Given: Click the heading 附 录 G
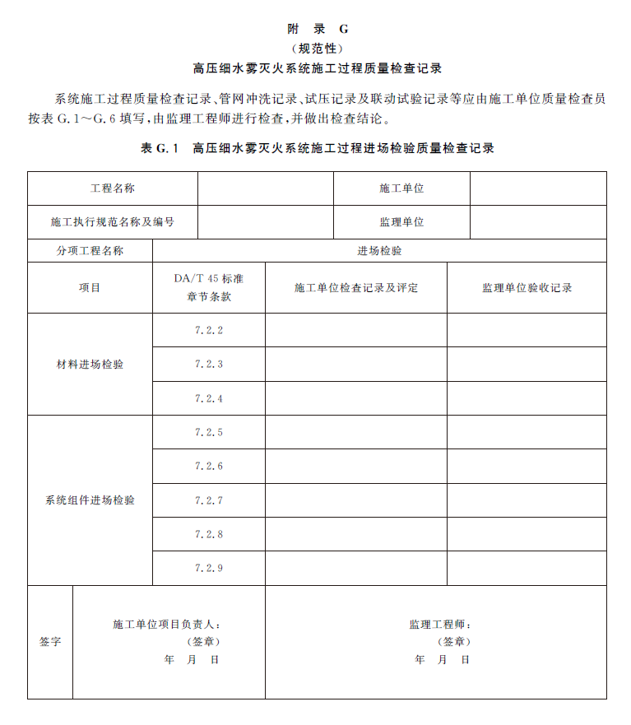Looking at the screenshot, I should [x=318, y=29].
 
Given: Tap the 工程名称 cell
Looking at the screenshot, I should [x=113, y=188].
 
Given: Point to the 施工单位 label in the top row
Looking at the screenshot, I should [x=401, y=188].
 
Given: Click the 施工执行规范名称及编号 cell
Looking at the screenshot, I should [x=113, y=222].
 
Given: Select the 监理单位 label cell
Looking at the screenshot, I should [x=401, y=222].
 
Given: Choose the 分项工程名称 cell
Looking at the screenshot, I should [x=90, y=251].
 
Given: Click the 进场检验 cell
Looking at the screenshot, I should [x=379, y=251].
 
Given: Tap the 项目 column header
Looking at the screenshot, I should [x=90, y=288].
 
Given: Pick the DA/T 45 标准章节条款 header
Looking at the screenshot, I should [x=209, y=288].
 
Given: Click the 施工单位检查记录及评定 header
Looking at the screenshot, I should [x=356, y=288].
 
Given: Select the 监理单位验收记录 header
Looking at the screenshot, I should [x=527, y=288].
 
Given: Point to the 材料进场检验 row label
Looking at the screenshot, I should [x=90, y=365].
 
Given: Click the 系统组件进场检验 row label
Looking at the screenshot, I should [x=90, y=500].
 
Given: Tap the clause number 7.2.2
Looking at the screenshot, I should [x=209, y=331].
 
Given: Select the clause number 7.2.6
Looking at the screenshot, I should [x=209, y=467].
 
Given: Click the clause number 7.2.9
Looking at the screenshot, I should [x=209, y=569].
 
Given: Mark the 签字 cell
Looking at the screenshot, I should [x=50, y=642].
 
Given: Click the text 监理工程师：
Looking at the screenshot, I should [x=441, y=625].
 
